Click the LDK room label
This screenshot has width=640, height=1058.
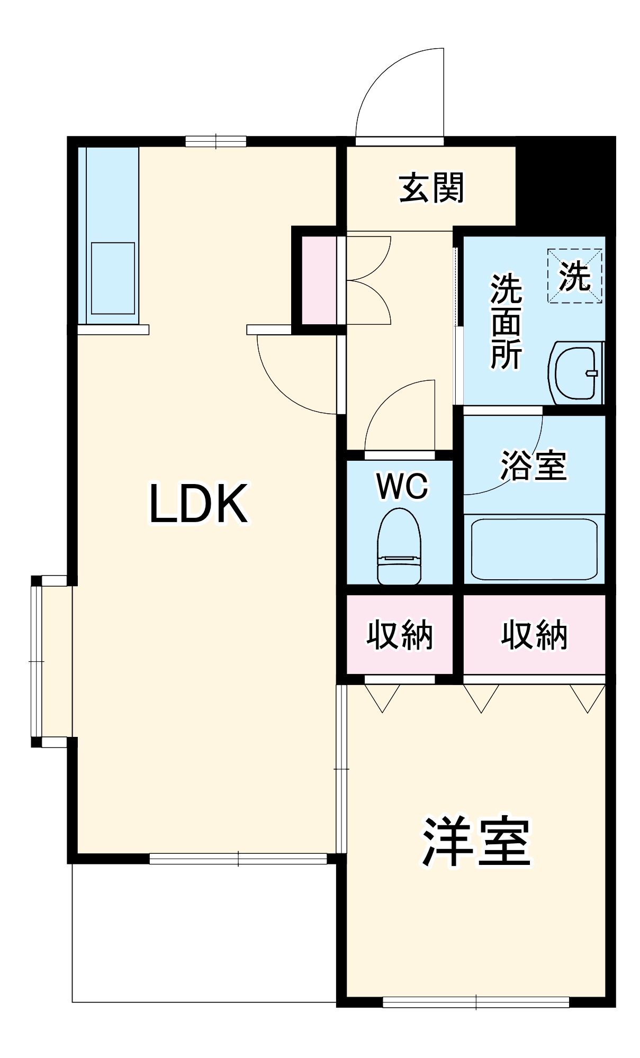(199, 503)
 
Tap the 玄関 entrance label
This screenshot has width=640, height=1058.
(431, 188)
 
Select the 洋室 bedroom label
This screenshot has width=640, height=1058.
(476, 841)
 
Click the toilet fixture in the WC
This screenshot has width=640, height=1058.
(399, 547)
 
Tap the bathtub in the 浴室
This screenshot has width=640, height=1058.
(534, 549)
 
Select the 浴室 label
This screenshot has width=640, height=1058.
(534, 466)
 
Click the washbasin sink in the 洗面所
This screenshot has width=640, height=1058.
(576, 372)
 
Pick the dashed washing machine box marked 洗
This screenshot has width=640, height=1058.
(574, 276)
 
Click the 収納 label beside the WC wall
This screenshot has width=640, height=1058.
(400, 634)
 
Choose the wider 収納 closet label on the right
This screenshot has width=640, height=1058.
(534, 634)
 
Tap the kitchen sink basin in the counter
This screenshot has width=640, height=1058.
(113, 278)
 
